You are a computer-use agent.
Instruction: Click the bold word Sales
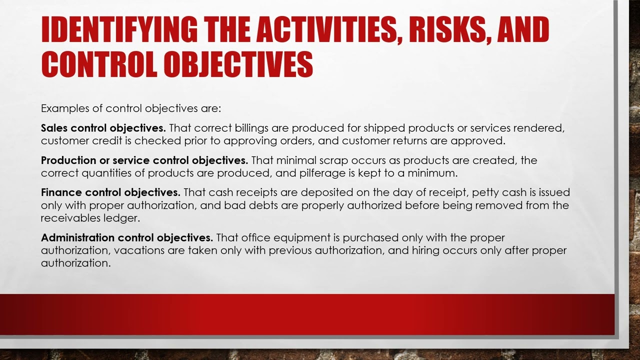(54, 128)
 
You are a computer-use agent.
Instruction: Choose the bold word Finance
(61, 192)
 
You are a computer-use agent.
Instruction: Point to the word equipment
(291, 237)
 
